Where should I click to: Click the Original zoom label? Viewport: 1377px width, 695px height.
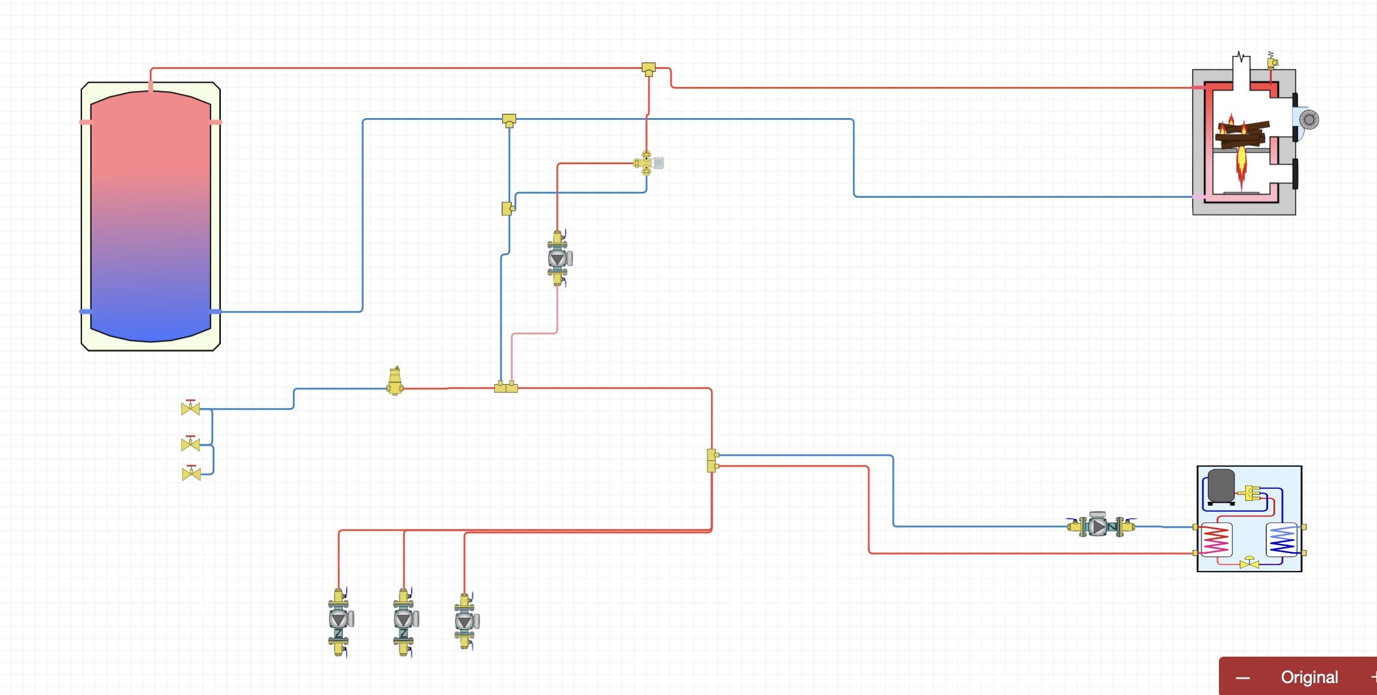click(x=1309, y=677)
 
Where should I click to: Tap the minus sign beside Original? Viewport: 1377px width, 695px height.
click(x=1243, y=678)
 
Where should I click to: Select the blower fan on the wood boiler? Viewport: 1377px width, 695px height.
click(x=1308, y=120)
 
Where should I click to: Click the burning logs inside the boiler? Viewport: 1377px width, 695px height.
click(x=1242, y=135)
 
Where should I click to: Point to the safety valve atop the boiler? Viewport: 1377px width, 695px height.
click(x=1272, y=61)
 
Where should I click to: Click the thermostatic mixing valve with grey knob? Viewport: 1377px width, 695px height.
click(x=649, y=162)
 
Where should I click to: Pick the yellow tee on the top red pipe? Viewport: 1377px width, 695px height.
click(x=648, y=68)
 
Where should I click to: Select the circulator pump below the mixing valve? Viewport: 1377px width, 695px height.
click(x=559, y=258)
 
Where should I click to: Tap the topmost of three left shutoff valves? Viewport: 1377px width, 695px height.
click(x=190, y=408)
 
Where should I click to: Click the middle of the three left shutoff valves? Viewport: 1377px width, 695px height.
click(x=190, y=444)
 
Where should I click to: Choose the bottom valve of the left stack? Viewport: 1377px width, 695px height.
click(x=191, y=474)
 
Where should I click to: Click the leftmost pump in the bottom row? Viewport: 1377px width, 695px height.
click(x=339, y=620)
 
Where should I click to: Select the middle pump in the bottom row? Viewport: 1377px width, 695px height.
click(x=404, y=620)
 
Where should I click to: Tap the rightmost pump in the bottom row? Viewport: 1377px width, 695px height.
click(x=465, y=621)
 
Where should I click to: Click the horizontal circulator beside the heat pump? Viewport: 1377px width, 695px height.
click(x=1099, y=527)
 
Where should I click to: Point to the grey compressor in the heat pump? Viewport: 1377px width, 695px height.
click(x=1221, y=485)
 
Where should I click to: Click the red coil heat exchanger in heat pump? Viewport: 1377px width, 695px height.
click(x=1216, y=540)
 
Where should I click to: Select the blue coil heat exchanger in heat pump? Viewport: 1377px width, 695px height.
click(x=1282, y=540)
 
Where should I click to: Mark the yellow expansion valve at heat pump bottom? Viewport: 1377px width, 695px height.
click(x=1249, y=563)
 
